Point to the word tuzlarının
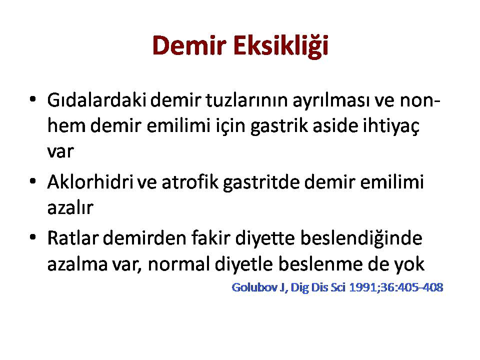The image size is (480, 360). point(246,100)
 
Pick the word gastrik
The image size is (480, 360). point(279,126)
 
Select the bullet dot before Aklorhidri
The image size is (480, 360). point(33,181)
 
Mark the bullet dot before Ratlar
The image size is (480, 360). point(33,237)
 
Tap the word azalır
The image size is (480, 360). point(70,207)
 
